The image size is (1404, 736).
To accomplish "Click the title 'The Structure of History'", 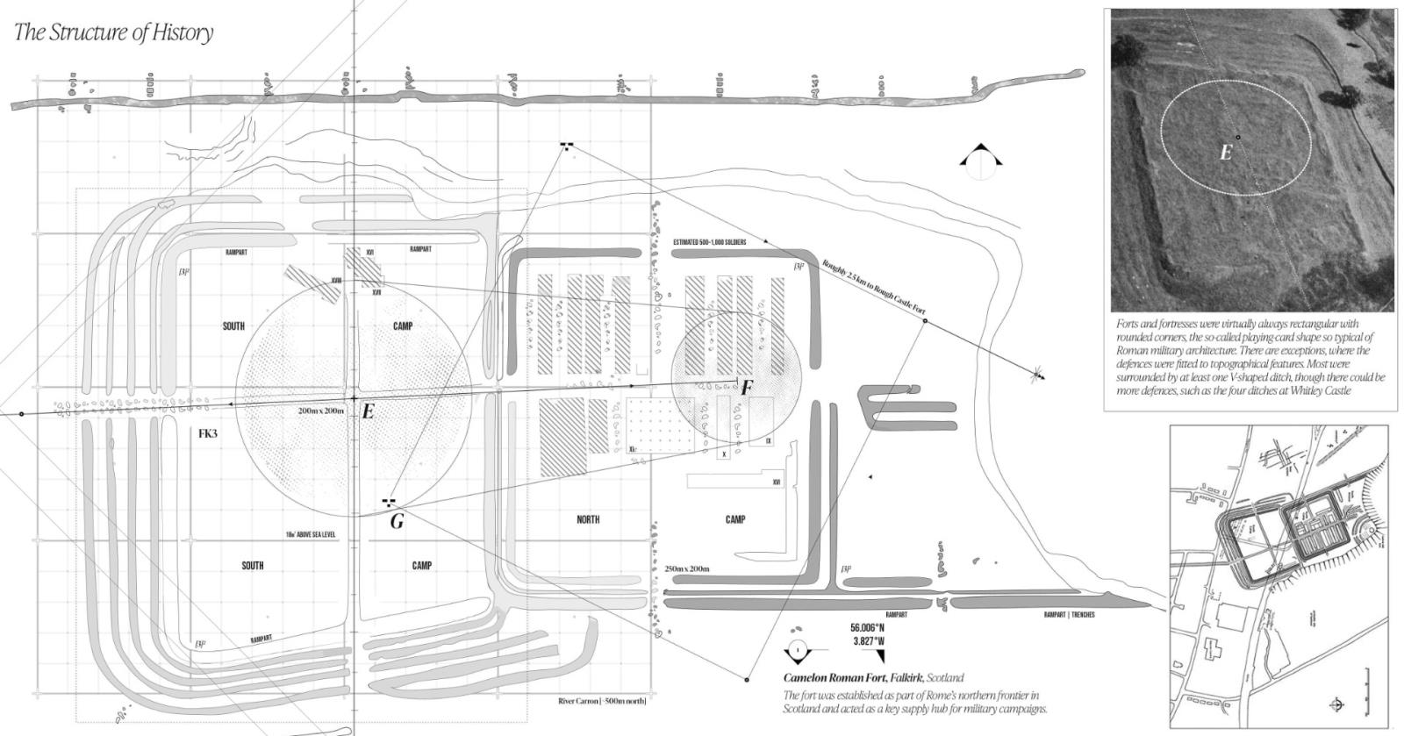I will (x=114, y=33).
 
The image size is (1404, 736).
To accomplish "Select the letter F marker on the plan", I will (x=747, y=388).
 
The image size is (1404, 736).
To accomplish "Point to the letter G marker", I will (x=397, y=522).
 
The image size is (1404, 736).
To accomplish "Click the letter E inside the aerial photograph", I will (x=1226, y=153).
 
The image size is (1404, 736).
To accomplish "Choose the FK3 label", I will (x=208, y=433).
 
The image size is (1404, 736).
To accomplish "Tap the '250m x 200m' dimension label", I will (x=687, y=569).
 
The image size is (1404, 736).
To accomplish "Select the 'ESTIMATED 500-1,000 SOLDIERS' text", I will (x=710, y=242).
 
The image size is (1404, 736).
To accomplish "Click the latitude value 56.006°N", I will (x=867, y=628).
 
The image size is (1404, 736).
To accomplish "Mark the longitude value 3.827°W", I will (x=867, y=641).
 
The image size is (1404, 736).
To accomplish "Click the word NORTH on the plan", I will (x=588, y=519).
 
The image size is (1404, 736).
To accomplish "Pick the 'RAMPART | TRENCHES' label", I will (x=1069, y=615).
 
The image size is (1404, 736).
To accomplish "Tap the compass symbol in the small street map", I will (x=1336, y=704).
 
